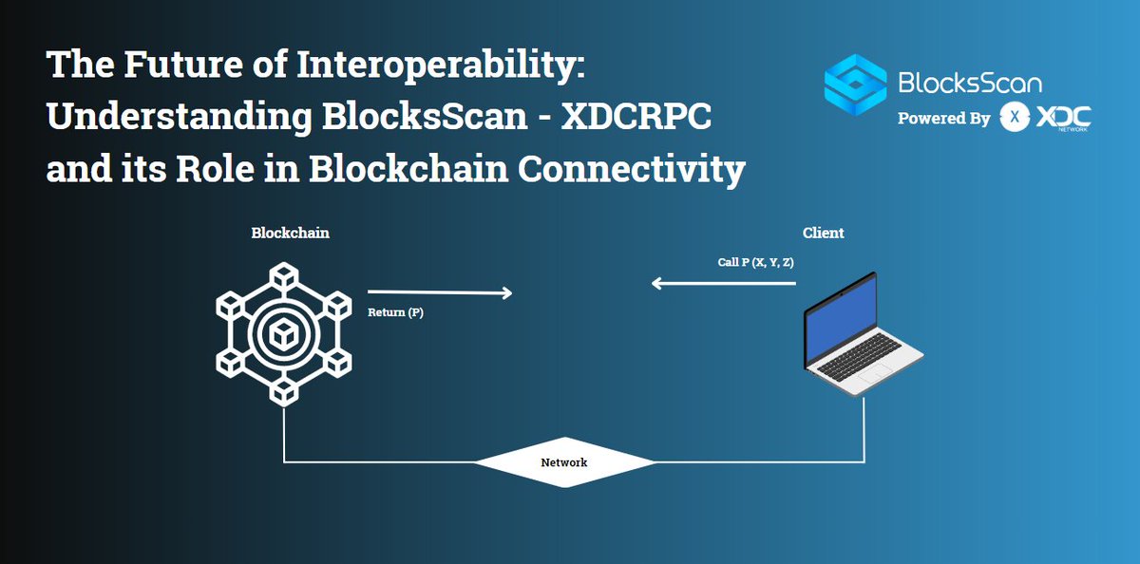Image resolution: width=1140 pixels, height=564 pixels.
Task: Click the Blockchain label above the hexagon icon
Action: pos(290,233)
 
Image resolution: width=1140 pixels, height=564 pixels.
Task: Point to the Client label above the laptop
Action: pos(823,233)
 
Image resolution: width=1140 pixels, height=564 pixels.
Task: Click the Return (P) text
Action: pos(395,311)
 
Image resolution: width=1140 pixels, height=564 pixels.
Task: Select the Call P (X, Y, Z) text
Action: pos(755,262)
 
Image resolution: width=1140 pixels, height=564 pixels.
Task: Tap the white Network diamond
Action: pos(564,463)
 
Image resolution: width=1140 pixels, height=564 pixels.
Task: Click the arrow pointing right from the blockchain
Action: pos(439,292)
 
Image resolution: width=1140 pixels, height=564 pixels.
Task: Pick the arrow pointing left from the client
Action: pos(722,282)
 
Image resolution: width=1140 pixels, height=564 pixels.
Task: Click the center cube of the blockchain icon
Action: pos(283,334)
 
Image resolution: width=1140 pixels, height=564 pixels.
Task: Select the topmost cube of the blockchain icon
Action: pos(283,274)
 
